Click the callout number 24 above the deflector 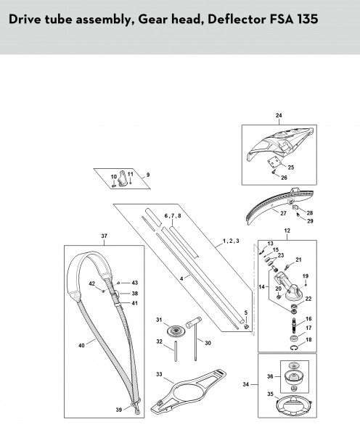click(278, 116)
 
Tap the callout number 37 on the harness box click(103, 236)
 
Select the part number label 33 click(158, 375)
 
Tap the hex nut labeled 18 click(292, 339)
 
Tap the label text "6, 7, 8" click(172, 216)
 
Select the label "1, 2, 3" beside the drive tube click(230, 239)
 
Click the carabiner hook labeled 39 click(136, 411)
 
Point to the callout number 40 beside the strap click(81, 345)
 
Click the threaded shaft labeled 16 click(292, 320)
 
